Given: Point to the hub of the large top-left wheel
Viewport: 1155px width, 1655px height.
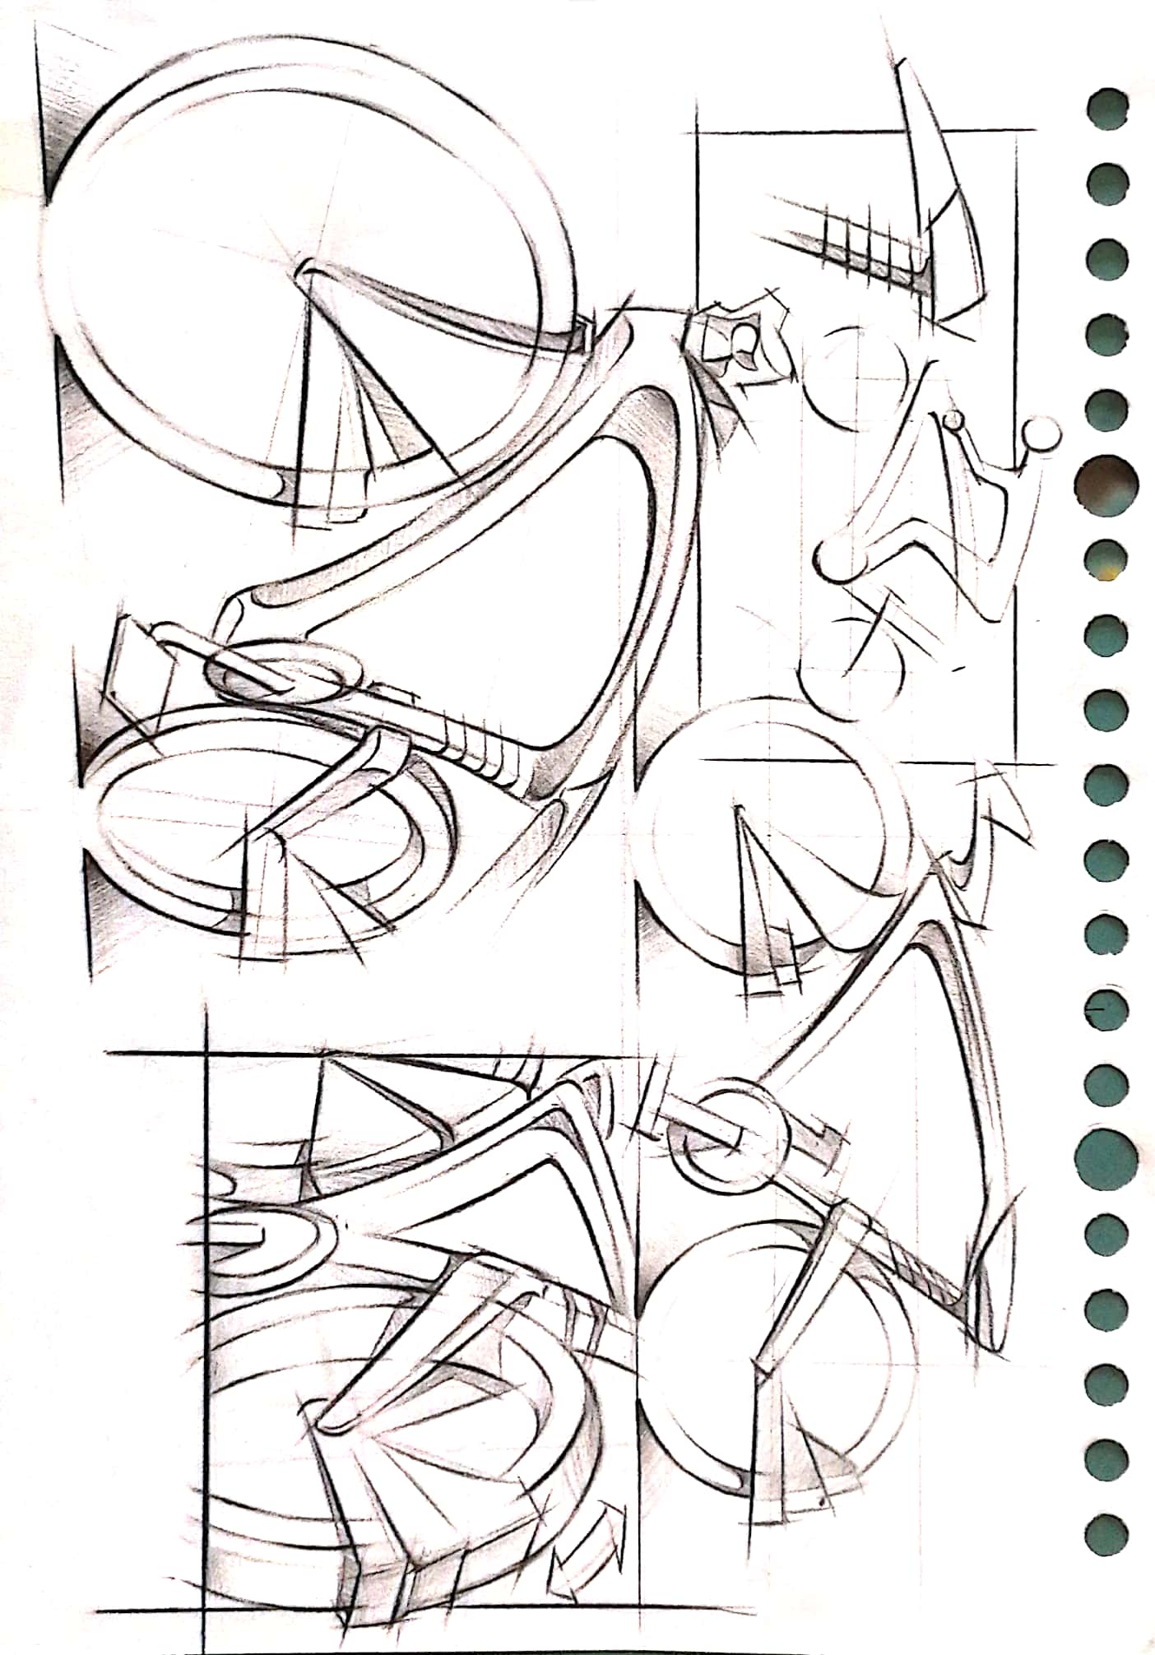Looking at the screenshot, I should [306, 271].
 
